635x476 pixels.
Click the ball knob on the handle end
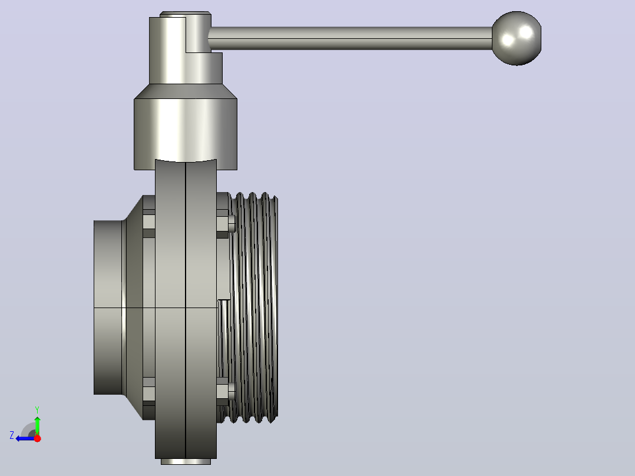point(517,38)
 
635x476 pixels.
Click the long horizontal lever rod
point(350,38)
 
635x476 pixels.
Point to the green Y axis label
point(37,410)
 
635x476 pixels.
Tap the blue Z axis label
point(12,435)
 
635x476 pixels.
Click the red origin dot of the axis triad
point(37,438)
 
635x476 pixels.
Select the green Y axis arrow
point(37,425)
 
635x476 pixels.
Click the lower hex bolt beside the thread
point(226,391)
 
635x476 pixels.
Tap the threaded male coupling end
point(253,308)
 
